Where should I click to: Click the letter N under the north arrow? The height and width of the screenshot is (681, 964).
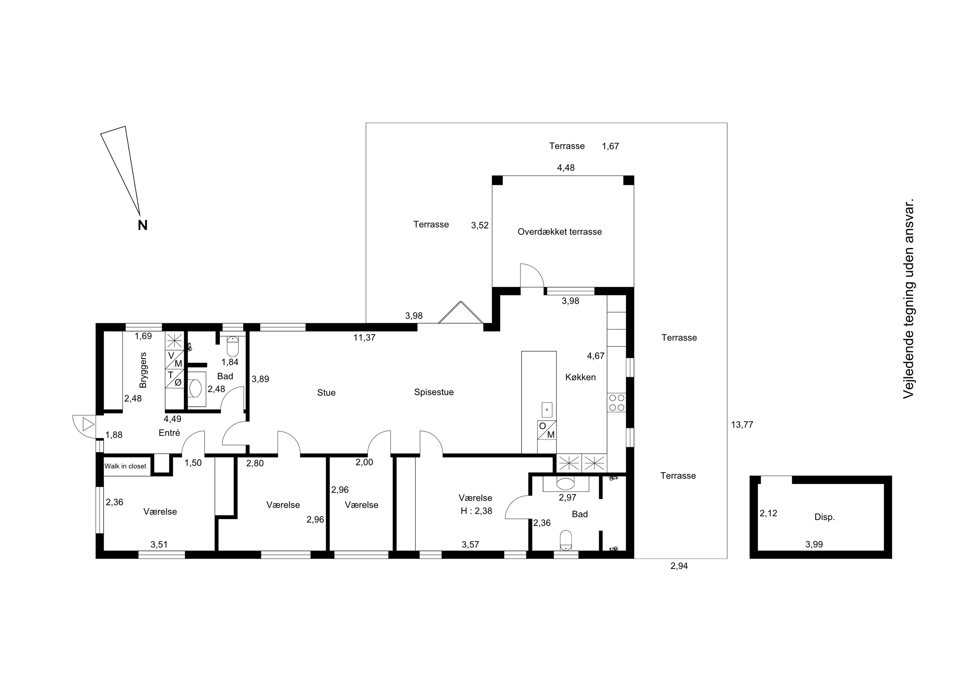(x=143, y=225)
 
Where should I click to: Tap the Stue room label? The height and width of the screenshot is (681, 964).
(x=326, y=393)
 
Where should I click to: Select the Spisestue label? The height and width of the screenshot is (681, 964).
(x=434, y=392)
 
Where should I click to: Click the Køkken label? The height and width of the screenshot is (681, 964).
(x=580, y=377)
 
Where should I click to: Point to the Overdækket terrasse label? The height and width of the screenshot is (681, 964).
(x=560, y=231)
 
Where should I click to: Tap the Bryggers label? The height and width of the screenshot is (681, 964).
(x=143, y=370)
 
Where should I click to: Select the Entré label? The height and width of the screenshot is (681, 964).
(x=169, y=432)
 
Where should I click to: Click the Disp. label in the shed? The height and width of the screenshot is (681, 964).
(x=825, y=517)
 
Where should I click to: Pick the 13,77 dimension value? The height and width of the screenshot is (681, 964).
(x=742, y=425)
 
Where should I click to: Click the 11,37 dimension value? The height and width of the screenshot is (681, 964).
(x=364, y=337)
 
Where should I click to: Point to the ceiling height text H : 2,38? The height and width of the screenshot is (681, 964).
(x=476, y=511)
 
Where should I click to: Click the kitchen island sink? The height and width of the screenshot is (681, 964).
(x=547, y=409)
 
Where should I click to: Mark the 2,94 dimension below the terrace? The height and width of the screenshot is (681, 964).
(x=679, y=566)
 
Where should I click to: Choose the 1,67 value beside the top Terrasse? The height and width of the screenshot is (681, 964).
(x=611, y=146)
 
